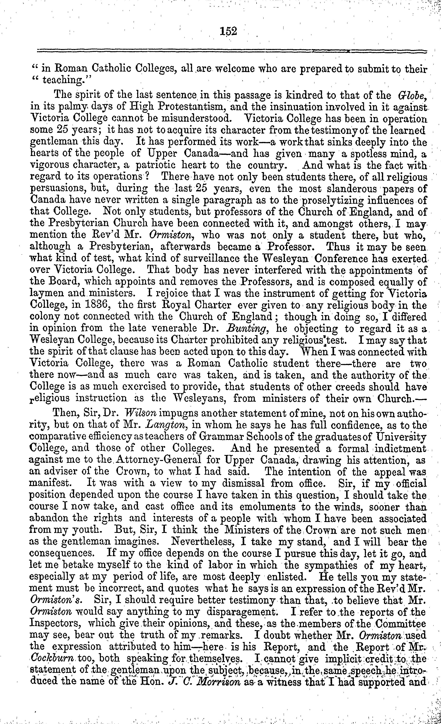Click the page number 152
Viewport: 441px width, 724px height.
coord(228,31)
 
